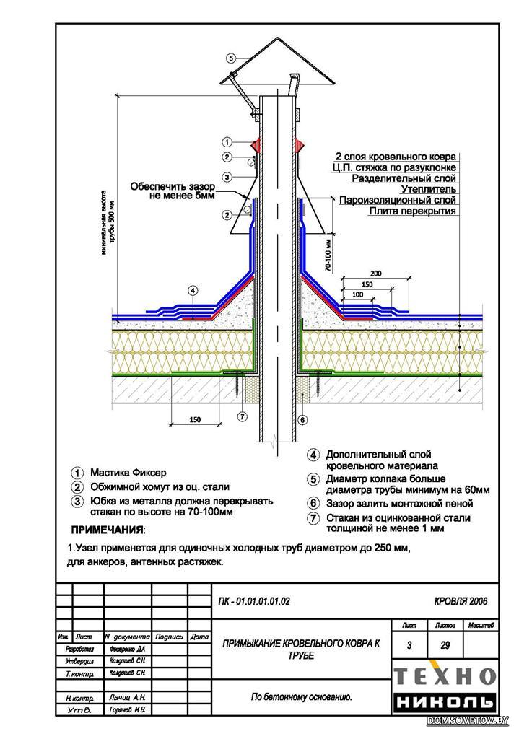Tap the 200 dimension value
coord(375,274)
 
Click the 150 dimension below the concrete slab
coord(193,419)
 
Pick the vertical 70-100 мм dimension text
coord(329,254)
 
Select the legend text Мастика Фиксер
coord(128,473)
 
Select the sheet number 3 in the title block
coord(409,645)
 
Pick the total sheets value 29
coord(444,645)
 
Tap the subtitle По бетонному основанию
coord(301,696)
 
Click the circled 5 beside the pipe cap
coord(230,58)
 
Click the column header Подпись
coord(169,637)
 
